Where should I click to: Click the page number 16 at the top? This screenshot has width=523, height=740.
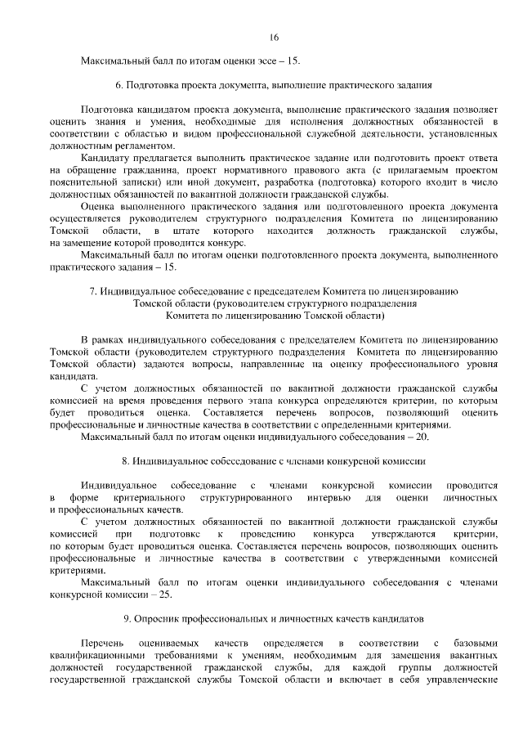coord(274,37)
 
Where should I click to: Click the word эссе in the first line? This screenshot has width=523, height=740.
coord(261,61)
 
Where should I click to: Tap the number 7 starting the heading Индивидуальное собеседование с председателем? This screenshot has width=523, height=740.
coord(92,291)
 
